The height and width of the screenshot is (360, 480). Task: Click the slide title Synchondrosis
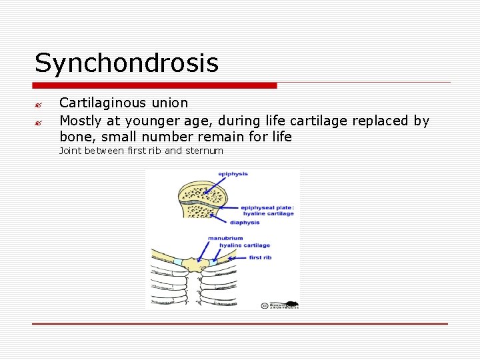pyautogui.click(x=127, y=63)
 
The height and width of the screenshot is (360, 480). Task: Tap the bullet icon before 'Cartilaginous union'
pyautogui.click(x=39, y=105)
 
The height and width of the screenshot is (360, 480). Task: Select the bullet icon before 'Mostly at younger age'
pyautogui.click(x=39, y=123)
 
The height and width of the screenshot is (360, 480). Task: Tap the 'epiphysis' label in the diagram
pyautogui.click(x=233, y=174)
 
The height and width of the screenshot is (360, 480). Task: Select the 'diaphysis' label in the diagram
pyautogui.click(x=245, y=223)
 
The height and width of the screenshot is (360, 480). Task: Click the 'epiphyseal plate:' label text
pyautogui.click(x=267, y=207)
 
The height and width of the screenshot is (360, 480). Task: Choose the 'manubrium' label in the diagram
pyautogui.click(x=225, y=238)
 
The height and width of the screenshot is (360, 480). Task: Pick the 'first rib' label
pyautogui.click(x=260, y=257)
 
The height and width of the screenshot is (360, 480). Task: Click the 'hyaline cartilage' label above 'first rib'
pyautogui.click(x=244, y=246)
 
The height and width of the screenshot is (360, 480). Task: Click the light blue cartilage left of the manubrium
pyautogui.click(x=179, y=262)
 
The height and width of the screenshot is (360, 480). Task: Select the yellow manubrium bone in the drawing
pyautogui.click(x=195, y=265)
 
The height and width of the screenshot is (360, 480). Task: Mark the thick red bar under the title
pyautogui.click(x=155, y=85)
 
